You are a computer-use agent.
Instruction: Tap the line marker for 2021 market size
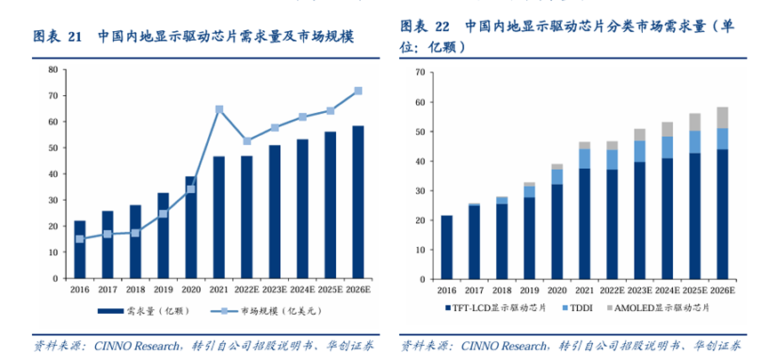coord(219,109)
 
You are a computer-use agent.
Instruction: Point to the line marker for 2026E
coord(357,91)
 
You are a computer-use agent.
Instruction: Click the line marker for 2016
coord(80,238)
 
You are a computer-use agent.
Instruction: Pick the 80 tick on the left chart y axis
coord(53,69)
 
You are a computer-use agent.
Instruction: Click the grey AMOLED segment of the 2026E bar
coord(722,117)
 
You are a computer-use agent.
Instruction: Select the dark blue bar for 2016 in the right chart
coord(446,246)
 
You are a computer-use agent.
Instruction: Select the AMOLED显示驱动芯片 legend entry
coord(661,308)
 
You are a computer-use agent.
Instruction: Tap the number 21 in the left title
coord(75,36)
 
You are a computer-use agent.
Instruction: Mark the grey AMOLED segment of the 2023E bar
coord(639,134)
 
